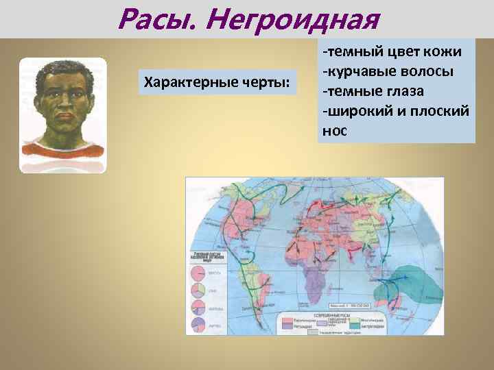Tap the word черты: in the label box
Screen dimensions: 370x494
[x=263, y=84]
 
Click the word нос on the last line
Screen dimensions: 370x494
[x=334, y=129]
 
